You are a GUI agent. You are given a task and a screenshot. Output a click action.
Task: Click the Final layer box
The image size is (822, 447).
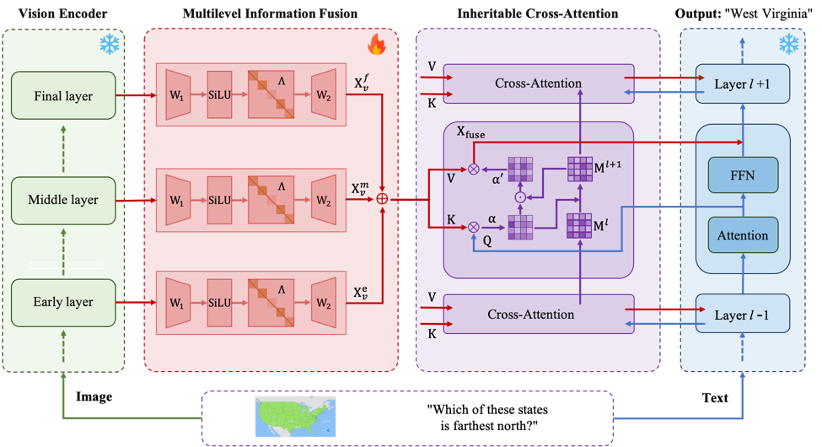pyautogui.click(x=63, y=95)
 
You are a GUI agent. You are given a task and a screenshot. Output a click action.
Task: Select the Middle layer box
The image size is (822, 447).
pyautogui.click(x=63, y=200)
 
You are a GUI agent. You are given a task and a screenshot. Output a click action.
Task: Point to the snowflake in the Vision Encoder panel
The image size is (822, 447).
pyautogui.click(x=109, y=44)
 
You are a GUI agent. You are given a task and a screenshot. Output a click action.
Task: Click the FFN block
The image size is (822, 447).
pyautogui.click(x=743, y=175)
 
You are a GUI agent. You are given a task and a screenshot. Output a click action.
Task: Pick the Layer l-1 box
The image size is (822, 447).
pyautogui.click(x=742, y=314)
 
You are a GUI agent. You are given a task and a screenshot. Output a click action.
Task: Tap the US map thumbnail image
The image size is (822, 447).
pyautogui.click(x=295, y=416)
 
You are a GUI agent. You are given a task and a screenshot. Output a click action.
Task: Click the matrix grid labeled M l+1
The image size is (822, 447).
pyautogui.click(x=580, y=169)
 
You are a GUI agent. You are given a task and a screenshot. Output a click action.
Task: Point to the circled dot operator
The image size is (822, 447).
pyautogui.click(x=520, y=197)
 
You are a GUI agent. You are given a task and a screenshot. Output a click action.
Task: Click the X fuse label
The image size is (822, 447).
pyautogui.click(x=470, y=132)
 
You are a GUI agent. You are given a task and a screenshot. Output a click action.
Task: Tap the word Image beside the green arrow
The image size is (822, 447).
pyautogui.click(x=94, y=397)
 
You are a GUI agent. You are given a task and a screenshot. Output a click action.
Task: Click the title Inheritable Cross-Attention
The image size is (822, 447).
pyautogui.click(x=538, y=13)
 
